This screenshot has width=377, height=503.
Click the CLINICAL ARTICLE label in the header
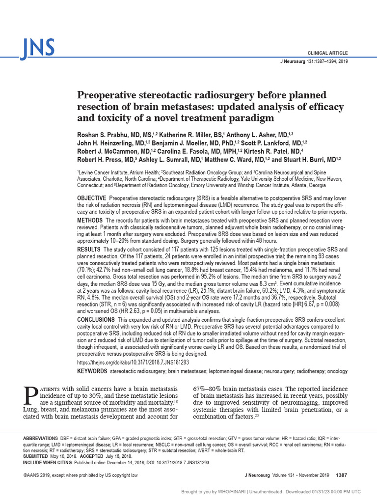point(327,53)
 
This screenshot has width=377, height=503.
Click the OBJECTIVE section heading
point(92,197)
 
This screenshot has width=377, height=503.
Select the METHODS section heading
point(90,220)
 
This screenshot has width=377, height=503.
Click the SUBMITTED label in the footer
point(36,456)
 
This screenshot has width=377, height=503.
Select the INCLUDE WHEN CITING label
point(48,462)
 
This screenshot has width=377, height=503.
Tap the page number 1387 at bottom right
point(341,475)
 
